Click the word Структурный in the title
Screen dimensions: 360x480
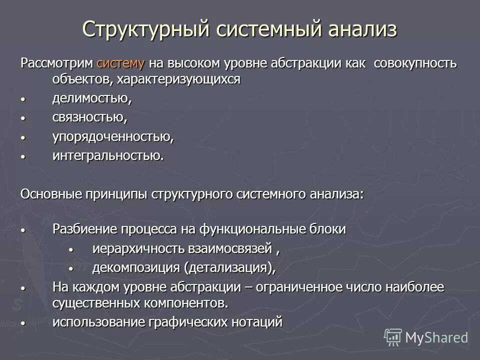[x=144, y=29]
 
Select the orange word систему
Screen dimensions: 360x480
[x=121, y=63]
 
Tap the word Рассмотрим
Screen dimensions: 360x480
[x=56, y=63]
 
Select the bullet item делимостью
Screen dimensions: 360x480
[x=92, y=98]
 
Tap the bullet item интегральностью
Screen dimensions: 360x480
[x=108, y=155]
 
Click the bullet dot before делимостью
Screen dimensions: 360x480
[x=22, y=99]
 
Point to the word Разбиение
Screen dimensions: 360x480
[x=84, y=229]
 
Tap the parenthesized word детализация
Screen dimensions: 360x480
[x=228, y=267]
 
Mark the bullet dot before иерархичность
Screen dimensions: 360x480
[x=70, y=249]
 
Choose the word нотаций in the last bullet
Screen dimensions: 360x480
[x=257, y=321]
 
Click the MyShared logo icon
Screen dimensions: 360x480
[x=392, y=337]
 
